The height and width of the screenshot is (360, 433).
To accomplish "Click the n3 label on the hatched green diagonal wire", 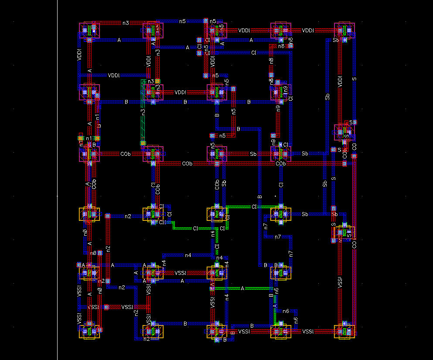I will [x=143, y=112].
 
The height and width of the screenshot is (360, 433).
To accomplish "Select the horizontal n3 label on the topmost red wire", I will [x=126, y=23].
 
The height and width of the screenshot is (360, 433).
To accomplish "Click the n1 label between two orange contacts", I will [x=89, y=138].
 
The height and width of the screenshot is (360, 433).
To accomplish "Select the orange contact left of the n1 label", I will [x=81, y=138].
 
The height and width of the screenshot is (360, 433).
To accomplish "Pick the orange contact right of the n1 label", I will [x=98, y=138].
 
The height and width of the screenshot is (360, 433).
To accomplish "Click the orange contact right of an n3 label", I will [x=158, y=81].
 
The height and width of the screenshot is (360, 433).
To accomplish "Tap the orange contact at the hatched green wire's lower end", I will [x=143, y=143].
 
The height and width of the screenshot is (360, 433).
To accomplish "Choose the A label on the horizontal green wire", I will [x=242, y=288].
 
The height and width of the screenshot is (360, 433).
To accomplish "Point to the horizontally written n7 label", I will [x=278, y=237].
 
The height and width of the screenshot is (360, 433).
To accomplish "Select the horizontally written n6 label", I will [x=286, y=311].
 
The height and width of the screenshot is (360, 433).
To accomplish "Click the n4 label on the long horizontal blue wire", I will [x=188, y=255].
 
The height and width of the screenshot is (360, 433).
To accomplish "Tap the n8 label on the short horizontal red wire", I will [x=281, y=46].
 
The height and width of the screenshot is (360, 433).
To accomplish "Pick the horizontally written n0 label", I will [x=92, y=253].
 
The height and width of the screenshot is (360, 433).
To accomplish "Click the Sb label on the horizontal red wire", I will [x=253, y=154].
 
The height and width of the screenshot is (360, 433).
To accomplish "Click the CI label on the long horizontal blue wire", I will [x=253, y=52].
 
